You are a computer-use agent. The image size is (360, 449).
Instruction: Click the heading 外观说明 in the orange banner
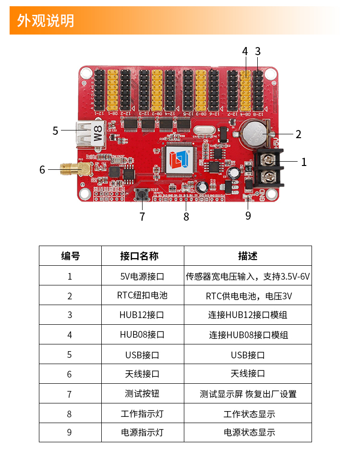pyautogui.click(x=46, y=21)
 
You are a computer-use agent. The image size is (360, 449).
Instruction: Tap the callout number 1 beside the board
pyautogui.click(x=304, y=162)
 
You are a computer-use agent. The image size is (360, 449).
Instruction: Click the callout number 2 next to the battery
pyautogui.click(x=299, y=134)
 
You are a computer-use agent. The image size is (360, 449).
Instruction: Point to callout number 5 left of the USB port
pyautogui.click(x=55, y=130)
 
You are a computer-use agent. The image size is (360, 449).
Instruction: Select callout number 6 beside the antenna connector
pyautogui.click(x=42, y=169)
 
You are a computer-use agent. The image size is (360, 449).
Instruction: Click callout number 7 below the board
pyautogui.click(x=142, y=217)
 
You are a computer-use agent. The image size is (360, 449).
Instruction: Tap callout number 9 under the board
pyautogui.click(x=248, y=216)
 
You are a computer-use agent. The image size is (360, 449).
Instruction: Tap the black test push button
pyautogui.click(x=143, y=194)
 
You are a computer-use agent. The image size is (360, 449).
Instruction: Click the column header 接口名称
pyautogui.click(x=142, y=256)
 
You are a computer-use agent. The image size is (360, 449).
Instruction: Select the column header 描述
pyautogui.click(x=248, y=256)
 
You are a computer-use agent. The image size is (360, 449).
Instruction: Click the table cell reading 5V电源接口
pyautogui.click(x=142, y=276)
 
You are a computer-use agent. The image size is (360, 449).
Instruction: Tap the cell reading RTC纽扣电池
pyautogui.click(x=142, y=295)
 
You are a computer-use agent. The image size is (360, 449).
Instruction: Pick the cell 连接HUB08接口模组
pyautogui.click(x=248, y=335)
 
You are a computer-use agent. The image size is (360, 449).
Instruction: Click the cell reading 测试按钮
pyautogui.click(x=142, y=393)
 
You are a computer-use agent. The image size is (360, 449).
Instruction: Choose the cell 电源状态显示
pyautogui.click(x=248, y=432)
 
